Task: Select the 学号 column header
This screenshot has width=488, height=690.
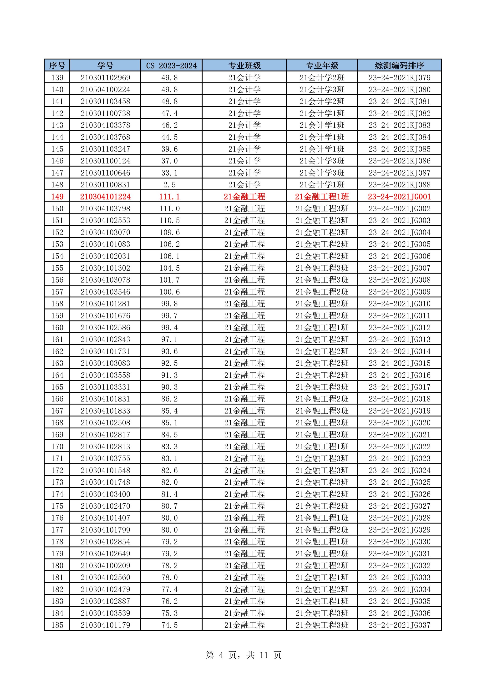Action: (x=105, y=65)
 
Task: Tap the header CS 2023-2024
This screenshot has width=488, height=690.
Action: (x=171, y=65)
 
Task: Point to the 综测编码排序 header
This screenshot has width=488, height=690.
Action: (x=399, y=65)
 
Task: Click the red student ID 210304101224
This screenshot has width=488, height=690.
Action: (x=105, y=197)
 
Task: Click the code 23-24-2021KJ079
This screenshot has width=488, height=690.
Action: (x=399, y=77)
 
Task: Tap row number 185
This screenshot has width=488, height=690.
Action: (x=57, y=625)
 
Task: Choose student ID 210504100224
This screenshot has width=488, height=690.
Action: (x=105, y=90)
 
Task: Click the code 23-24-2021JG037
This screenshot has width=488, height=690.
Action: (x=399, y=625)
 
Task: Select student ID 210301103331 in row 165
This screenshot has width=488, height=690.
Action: (x=105, y=387)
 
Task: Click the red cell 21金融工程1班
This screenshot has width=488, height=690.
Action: (x=322, y=197)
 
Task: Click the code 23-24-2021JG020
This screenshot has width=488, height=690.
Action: (x=399, y=423)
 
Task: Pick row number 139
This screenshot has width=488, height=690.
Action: (x=57, y=77)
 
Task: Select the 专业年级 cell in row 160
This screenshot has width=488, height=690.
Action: (x=322, y=328)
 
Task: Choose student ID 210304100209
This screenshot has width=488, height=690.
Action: (x=105, y=566)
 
